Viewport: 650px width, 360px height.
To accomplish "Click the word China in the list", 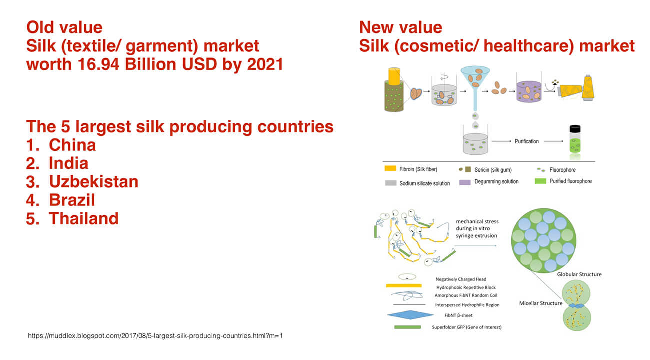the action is pos(72,145).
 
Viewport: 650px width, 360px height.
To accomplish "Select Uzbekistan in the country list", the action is pos(94,182).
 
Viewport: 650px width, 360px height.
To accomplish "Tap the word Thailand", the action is pos(84,218).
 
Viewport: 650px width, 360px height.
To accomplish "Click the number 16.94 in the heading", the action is pos(98,64).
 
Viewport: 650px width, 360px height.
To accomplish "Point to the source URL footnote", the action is pos(155,336).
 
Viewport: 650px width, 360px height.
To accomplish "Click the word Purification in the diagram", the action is pos(526,141).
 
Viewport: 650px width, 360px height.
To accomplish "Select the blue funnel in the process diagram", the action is pos(475,87).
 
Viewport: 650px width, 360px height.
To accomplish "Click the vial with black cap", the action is pos(575,139).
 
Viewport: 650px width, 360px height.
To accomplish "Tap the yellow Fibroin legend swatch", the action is pos(390,168).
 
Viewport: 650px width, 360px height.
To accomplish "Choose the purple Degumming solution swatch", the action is pos(465,182).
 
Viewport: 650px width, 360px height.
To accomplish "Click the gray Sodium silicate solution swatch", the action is pos(391,183).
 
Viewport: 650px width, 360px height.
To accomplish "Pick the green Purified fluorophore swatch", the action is pos(540,181).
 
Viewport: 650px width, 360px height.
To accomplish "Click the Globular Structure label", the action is pos(579,274).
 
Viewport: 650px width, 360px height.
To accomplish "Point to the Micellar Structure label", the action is pos(541,303).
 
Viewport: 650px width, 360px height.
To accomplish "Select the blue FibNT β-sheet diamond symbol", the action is pos(410,315).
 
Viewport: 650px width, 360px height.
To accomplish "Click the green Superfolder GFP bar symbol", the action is pos(407,327).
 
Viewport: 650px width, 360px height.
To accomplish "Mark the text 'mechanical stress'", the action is pos(477,221).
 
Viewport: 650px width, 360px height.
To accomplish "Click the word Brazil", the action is pos(72,200).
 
